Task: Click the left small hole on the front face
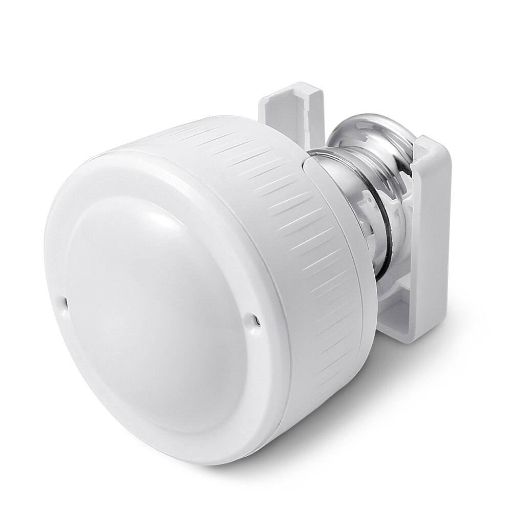point(65,302)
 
